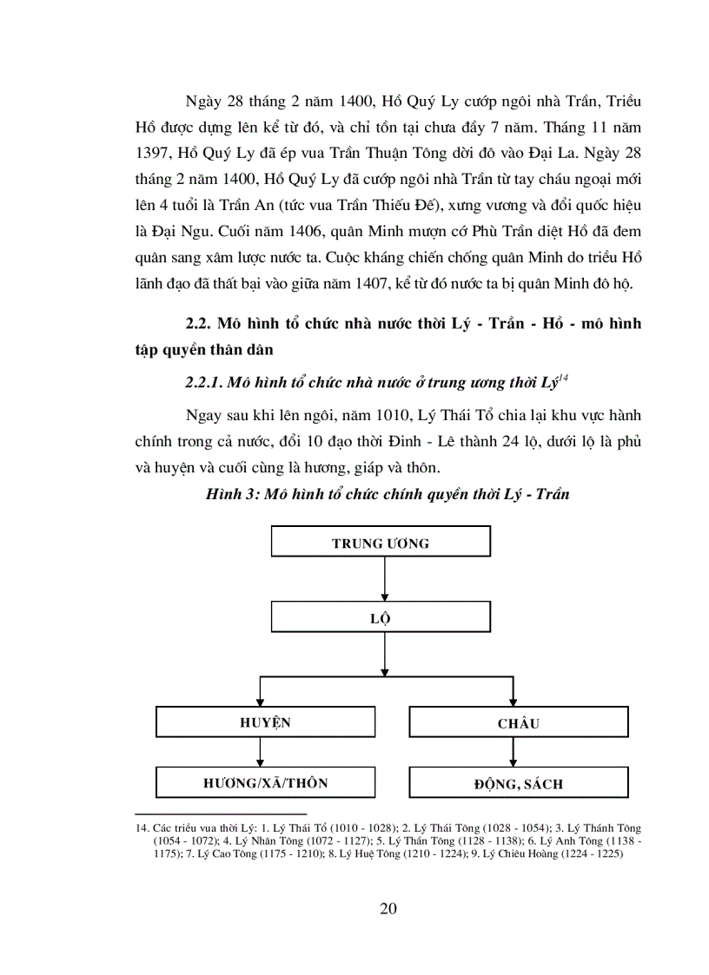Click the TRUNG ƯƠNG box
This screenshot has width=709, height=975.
pyautogui.click(x=381, y=543)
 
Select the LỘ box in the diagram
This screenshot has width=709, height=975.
pyautogui.click(x=381, y=618)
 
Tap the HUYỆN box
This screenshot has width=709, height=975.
pyautogui.click(x=266, y=722)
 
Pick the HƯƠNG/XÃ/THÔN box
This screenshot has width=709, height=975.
pyautogui.click(x=266, y=783)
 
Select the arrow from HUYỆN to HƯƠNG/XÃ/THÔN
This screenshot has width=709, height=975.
pyautogui.click(x=260, y=752)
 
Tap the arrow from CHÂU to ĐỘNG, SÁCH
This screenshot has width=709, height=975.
pyautogui.click(x=514, y=752)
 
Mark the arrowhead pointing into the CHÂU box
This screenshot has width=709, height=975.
pyautogui.click(x=514, y=701)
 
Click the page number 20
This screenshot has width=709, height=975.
pyautogui.click(x=388, y=909)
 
